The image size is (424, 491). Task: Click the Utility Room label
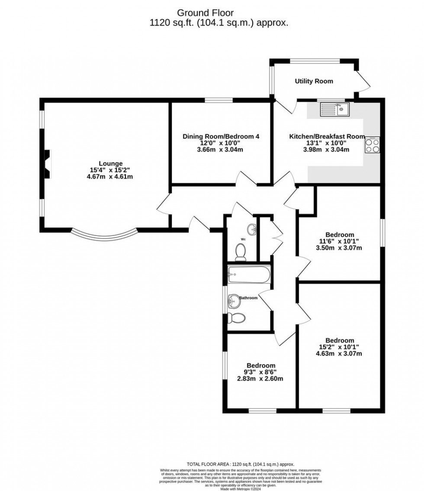314,81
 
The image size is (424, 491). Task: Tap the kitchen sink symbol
334,110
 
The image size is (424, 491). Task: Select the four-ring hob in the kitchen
373,145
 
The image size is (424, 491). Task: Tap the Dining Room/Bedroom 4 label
221,136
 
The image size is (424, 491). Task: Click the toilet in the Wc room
241,252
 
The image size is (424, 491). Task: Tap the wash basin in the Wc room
251,229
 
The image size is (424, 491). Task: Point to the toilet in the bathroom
237,318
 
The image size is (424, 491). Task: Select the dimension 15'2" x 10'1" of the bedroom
340,347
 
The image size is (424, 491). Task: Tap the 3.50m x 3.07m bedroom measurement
340,248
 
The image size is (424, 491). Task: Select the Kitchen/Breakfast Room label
327,136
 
